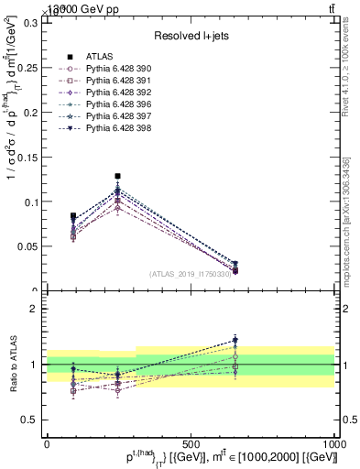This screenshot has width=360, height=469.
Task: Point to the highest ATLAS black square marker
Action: click(117, 176)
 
